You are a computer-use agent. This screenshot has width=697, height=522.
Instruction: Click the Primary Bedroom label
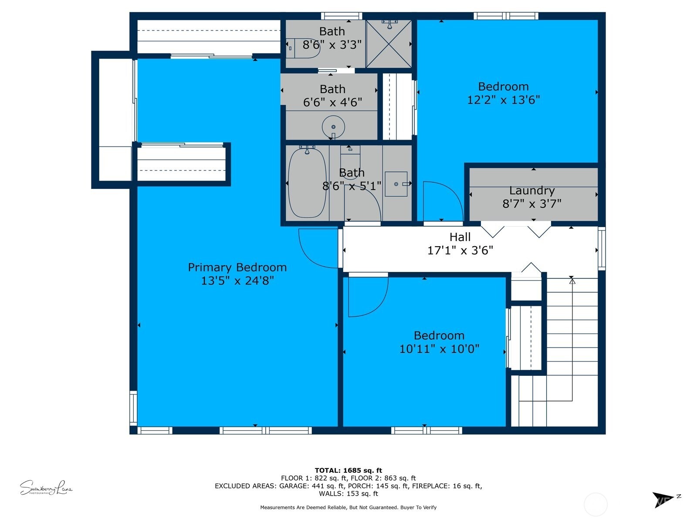[237, 267]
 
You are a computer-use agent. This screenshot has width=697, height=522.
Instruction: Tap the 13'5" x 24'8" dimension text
[237, 281]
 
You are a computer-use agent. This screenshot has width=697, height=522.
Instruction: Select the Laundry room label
[531, 191]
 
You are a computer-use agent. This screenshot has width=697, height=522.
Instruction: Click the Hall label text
[460, 237]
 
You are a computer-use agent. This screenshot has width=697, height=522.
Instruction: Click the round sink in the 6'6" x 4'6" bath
[333, 127]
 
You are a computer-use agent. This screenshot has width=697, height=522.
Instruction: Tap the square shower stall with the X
[389, 44]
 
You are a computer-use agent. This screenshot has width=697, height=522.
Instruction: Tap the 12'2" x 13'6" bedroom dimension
[503, 100]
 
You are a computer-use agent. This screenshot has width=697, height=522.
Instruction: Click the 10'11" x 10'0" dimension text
[439, 349]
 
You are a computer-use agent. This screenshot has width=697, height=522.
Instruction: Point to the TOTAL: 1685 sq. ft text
[348, 470]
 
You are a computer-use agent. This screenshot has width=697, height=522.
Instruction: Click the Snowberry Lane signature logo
[46, 488]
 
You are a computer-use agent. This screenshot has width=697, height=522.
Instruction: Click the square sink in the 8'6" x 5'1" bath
[396, 184]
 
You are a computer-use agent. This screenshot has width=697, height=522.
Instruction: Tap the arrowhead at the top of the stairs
[572, 281]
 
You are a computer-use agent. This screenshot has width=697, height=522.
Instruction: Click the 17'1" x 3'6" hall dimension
[460, 251]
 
